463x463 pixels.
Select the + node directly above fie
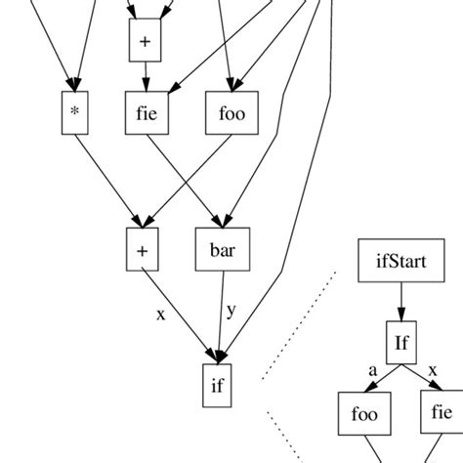click(145, 40)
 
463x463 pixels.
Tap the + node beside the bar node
click(142, 250)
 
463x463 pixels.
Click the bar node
click(223, 250)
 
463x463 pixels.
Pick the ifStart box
click(400, 261)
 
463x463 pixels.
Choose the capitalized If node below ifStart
click(400, 342)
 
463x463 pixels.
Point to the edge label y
click(231, 311)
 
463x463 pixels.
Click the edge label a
click(372, 370)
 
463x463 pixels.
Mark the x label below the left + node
click(161, 315)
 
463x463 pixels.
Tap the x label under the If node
click(432, 370)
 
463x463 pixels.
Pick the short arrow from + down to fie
click(145, 76)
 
